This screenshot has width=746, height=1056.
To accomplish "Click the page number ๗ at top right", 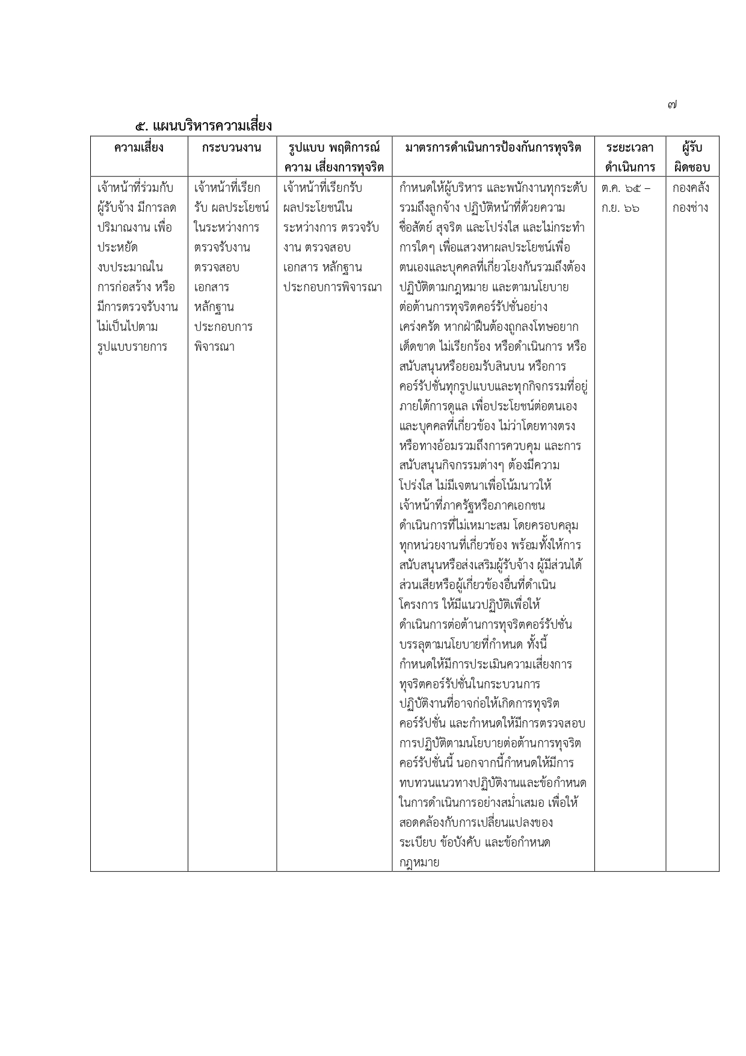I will click(672, 105).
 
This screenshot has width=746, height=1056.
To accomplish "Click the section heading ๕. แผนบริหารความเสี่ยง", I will click(203, 126).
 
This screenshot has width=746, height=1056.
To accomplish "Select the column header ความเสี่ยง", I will click(139, 147).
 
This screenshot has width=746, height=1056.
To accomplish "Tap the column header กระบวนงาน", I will click(232, 147).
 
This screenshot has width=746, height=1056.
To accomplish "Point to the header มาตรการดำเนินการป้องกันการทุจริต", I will click(493, 147).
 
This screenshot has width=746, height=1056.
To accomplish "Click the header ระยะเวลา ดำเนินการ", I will click(630, 157).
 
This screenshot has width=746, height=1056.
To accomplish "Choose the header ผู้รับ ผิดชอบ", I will click(692, 157).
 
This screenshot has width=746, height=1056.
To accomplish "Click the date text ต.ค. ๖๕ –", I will click(626, 188).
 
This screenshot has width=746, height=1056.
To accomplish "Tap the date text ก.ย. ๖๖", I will click(620, 208).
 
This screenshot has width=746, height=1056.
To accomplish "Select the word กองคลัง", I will click(691, 188).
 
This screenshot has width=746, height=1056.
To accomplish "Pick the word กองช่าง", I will click(691, 208).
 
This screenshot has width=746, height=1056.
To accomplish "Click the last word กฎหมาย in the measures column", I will click(419, 862).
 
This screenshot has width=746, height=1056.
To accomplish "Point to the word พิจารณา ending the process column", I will click(214, 347).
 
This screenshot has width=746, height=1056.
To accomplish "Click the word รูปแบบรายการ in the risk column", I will click(132, 347).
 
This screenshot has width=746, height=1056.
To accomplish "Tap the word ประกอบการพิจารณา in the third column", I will click(332, 287).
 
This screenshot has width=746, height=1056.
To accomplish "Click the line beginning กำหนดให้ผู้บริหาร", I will click(493, 188).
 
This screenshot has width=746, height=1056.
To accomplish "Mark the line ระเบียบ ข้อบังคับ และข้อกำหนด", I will click(475, 842).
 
